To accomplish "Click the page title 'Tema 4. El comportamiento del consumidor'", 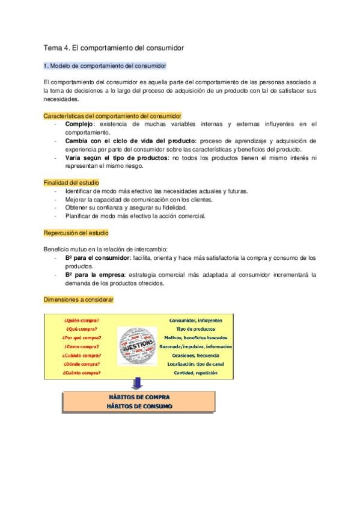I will [114, 47].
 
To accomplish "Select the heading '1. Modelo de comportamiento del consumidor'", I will [105, 66].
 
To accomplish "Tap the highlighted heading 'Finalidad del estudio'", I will [72, 182].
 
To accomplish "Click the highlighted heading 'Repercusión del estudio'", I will [76, 232].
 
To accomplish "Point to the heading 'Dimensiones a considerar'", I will [78, 299].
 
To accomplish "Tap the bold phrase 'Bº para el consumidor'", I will [97, 257].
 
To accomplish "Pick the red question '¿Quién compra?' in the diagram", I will [82, 320].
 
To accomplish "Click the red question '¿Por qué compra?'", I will [83, 338].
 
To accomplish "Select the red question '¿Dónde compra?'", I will [82, 364].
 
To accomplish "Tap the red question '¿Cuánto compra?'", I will [82, 373].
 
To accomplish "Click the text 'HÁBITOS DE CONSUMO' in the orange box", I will [139, 406].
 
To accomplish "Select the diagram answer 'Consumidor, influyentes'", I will [196, 320].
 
